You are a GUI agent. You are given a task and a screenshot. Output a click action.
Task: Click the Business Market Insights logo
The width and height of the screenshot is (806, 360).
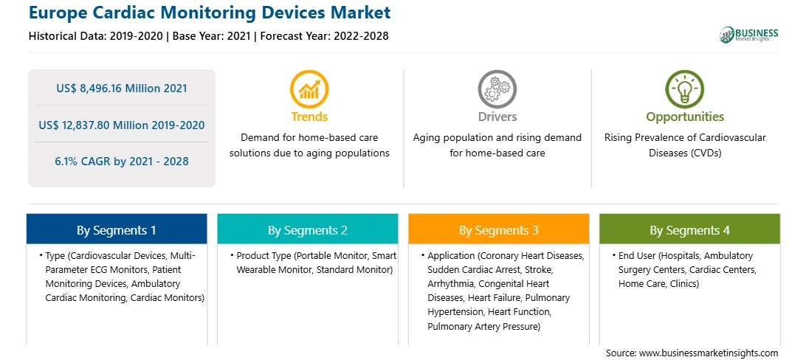748,35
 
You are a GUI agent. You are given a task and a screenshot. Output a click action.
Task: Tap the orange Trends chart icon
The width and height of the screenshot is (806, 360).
309,89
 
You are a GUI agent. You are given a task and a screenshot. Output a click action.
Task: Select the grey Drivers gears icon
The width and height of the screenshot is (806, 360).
497,89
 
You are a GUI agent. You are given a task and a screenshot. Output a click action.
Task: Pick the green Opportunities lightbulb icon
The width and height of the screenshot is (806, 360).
685,89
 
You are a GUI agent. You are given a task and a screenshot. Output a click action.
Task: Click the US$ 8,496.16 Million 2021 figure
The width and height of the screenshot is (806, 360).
122,89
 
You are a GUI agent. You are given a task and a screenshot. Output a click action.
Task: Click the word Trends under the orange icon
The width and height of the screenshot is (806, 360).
309,117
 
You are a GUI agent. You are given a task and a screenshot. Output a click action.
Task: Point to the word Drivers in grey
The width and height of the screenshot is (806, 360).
497,117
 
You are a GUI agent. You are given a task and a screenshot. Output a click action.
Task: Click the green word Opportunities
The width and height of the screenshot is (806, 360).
685,117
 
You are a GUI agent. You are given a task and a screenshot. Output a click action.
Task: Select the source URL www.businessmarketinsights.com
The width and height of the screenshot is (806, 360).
709,353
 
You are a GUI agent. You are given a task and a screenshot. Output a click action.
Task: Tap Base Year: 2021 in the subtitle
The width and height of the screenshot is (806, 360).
212,36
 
